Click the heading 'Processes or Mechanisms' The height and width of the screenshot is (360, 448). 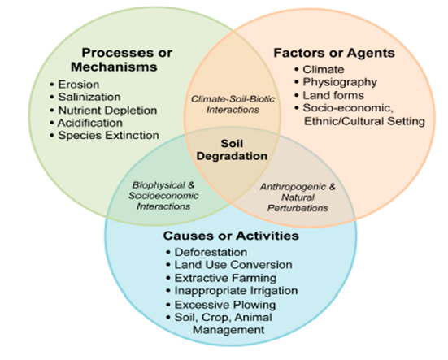point(121,59)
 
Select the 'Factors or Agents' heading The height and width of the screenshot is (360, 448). point(334,53)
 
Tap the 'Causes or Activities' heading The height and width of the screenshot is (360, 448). point(231,236)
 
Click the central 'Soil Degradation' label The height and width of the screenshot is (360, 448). point(232,150)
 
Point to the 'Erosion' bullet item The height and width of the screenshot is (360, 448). point(79,85)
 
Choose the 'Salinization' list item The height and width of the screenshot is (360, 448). point(89,97)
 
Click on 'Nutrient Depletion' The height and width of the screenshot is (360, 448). point(107,111)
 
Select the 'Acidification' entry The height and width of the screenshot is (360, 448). point(90,123)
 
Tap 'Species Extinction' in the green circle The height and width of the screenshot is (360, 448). point(108,136)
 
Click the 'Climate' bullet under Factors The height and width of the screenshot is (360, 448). point(324,69)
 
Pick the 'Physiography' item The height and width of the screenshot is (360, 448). point(340,82)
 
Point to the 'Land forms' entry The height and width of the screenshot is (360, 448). point(333,95)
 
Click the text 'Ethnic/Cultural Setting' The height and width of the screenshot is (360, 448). point(364,121)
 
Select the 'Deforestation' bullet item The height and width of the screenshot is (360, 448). point(211,252)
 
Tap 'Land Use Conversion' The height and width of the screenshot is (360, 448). point(233,265)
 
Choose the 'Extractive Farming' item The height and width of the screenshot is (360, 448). point(225,278)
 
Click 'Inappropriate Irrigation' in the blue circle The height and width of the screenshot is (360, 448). point(236,291)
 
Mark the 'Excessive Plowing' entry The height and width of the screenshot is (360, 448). point(225,305)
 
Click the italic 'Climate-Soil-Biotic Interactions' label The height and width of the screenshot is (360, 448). point(233,104)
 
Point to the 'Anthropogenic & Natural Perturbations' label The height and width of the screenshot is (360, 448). point(298,197)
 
